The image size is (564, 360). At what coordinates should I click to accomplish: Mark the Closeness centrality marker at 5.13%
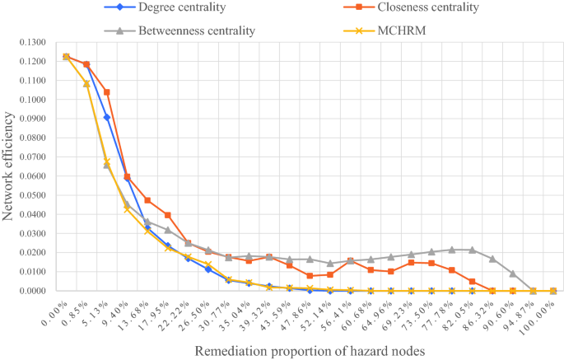pyautogui.click(x=106, y=92)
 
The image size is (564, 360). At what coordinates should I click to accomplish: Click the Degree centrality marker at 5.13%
pyautogui.click(x=106, y=118)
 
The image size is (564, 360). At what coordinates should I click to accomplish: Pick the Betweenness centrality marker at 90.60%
pyautogui.click(x=512, y=274)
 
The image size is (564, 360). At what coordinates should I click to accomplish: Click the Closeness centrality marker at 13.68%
pyautogui.click(x=147, y=200)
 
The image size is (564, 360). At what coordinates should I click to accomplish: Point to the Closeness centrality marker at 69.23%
pyautogui.click(x=411, y=263)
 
